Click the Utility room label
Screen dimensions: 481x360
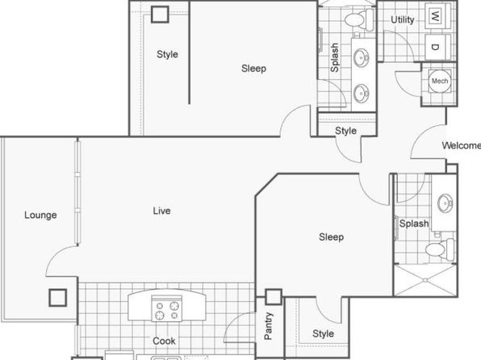402,20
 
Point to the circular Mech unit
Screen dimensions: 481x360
440,81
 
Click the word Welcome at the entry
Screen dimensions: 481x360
462,145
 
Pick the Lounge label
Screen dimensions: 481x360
40,215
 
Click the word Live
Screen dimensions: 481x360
161,211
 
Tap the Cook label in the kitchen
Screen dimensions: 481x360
164,341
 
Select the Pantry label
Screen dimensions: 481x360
268,326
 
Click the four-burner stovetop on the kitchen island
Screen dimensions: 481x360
166,309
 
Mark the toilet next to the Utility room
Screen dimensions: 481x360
358,19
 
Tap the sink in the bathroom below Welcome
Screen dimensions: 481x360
445,203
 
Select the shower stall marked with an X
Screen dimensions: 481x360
425,280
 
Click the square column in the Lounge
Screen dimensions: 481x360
57,298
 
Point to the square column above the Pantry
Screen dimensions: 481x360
274,297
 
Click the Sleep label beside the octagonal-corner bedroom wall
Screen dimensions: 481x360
332,237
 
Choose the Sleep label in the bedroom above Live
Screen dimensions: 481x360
253,69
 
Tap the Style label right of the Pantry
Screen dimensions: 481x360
323,333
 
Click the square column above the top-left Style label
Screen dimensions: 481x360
160,14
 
